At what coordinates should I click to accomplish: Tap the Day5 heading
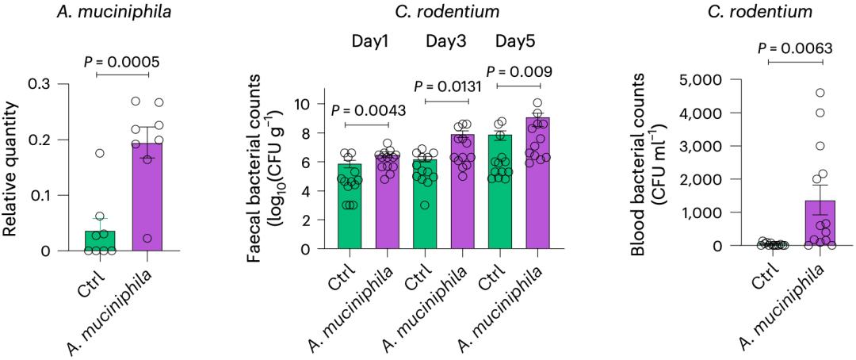(x=518, y=40)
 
